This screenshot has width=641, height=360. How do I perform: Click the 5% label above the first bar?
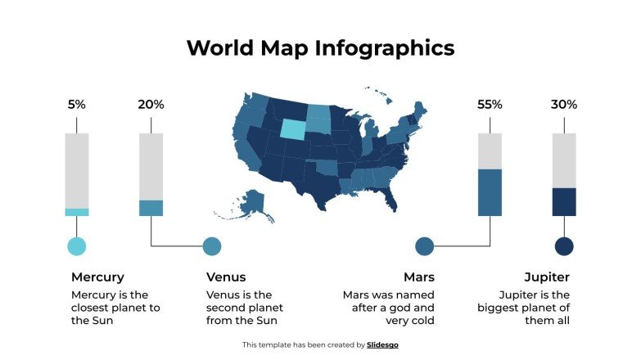(76, 105)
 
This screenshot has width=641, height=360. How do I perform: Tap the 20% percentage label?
(151, 105)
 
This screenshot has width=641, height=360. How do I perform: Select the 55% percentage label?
(490, 105)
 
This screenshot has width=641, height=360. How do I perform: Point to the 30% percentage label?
(564, 105)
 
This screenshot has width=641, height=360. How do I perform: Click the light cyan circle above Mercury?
(76, 246)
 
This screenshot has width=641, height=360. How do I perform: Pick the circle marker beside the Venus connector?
(212, 246)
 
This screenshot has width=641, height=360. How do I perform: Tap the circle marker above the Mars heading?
(425, 246)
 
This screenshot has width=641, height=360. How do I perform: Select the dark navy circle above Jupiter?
(564, 246)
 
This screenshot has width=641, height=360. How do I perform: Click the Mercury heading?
(97, 277)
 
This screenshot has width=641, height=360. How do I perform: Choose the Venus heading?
(226, 277)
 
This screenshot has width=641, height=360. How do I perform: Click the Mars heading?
(418, 277)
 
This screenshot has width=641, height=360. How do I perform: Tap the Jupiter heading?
(547, 277)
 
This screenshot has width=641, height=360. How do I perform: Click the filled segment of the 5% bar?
(77, 212)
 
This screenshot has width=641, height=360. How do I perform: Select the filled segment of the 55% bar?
(490, 192)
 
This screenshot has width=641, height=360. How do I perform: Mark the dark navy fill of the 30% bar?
(564, 201)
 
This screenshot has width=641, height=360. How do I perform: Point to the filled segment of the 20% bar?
(151, 208)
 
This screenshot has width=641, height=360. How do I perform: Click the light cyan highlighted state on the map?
(293, 128)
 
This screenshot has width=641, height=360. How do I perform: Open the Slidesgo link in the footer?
(382, 345)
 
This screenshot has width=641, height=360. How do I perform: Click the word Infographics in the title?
(384, 47)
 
